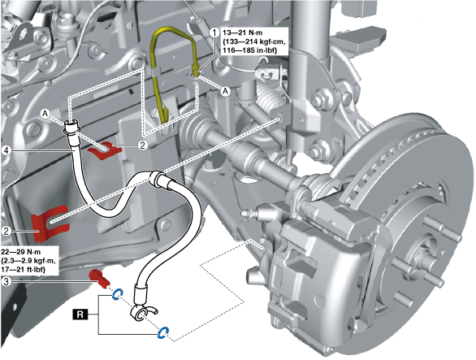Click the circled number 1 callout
(x=214, y=33)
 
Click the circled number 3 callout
(x=6, y=281)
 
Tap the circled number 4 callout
(x=6, y=150)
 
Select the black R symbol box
(x=80, y=314)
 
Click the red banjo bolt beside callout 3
(x=99, y=279)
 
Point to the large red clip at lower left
(x=50, y=223)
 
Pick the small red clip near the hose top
(x=105, y=150)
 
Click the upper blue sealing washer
(x=117, y=294)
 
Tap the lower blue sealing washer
(x=163, y=332)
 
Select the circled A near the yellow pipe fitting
(x=225, y=91)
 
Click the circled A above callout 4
(x=45, y=114)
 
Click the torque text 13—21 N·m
(x=243, y=33)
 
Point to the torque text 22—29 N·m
(x=20, y=252)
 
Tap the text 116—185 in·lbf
(x=250, y=50)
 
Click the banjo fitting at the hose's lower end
(x=142, y=314)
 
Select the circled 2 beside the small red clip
(x=142, y=145)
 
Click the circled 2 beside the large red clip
(x=6, y=231)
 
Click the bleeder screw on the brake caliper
(x=251, y=212)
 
